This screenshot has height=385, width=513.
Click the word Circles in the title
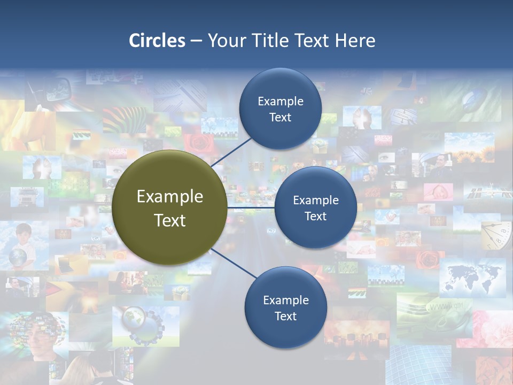(157, 41)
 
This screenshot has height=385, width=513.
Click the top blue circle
(280, 109)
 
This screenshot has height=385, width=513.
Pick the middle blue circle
(315, 207)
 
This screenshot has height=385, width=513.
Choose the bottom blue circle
(285, 307)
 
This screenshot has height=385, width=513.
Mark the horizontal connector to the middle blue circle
(251, 207)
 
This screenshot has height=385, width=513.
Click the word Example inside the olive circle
(170, 196)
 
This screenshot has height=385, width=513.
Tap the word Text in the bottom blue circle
(285, 316)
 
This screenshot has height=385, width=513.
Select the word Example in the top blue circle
(281, 101)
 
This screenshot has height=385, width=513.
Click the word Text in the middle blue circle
(315, 216)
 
